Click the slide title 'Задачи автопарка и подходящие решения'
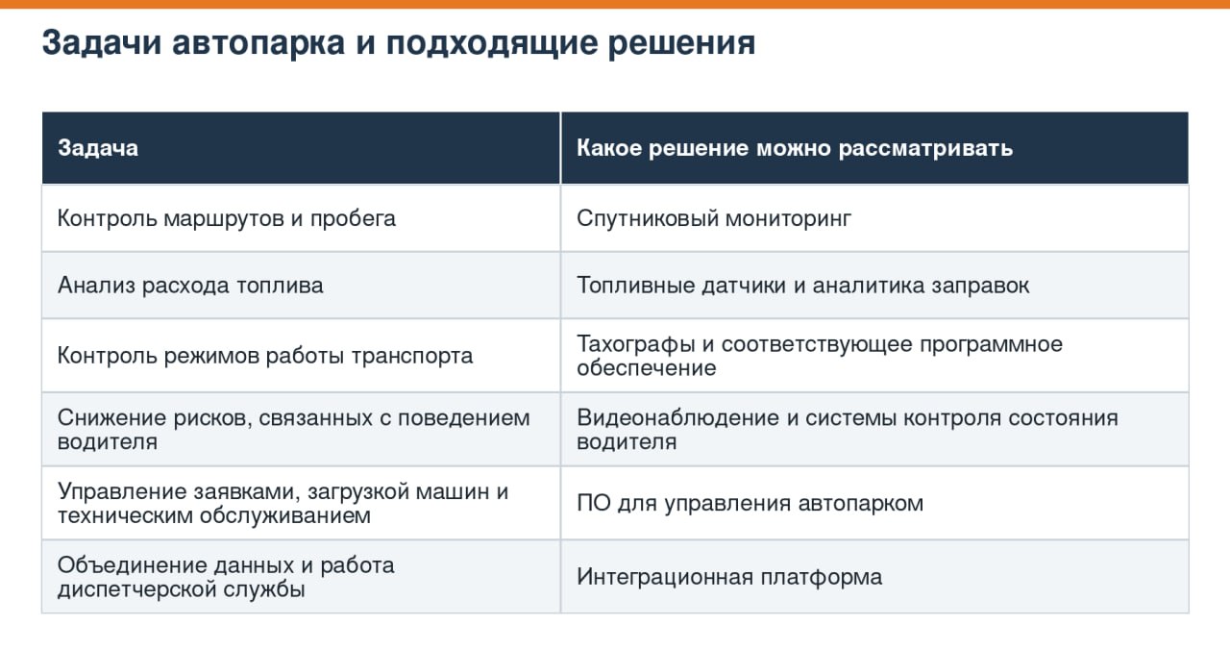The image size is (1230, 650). tap(399, 43)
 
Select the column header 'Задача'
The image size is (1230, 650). tap(98, 148)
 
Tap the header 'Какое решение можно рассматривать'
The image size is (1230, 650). tap(795, 148)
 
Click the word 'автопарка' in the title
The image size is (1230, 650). tap(258, 43)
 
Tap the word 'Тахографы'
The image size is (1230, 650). tap(636, 344)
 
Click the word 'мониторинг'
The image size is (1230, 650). tap(789, 218)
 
